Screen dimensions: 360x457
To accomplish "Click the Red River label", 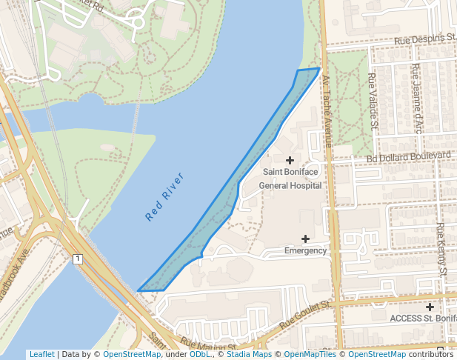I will [x=164, y=198].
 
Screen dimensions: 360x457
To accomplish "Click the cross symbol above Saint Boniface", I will [x=290, y=160].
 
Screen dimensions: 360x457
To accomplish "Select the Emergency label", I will [x=305, y=250].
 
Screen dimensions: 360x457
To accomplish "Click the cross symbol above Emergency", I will [x=305, y=238].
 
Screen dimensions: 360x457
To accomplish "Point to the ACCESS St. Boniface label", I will [x=423, y=318].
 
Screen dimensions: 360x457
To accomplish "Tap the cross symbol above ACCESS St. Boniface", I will [x=430, y=306].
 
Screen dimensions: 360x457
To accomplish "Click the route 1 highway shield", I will [x=77, y=259].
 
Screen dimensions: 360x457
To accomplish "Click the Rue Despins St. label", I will [x=425, y=39].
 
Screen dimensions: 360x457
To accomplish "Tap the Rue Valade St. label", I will [x=373, y=99].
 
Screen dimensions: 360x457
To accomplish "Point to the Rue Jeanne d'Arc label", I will [x=418, y=100].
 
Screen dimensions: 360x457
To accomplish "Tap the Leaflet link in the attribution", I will [x=41, y=354].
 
